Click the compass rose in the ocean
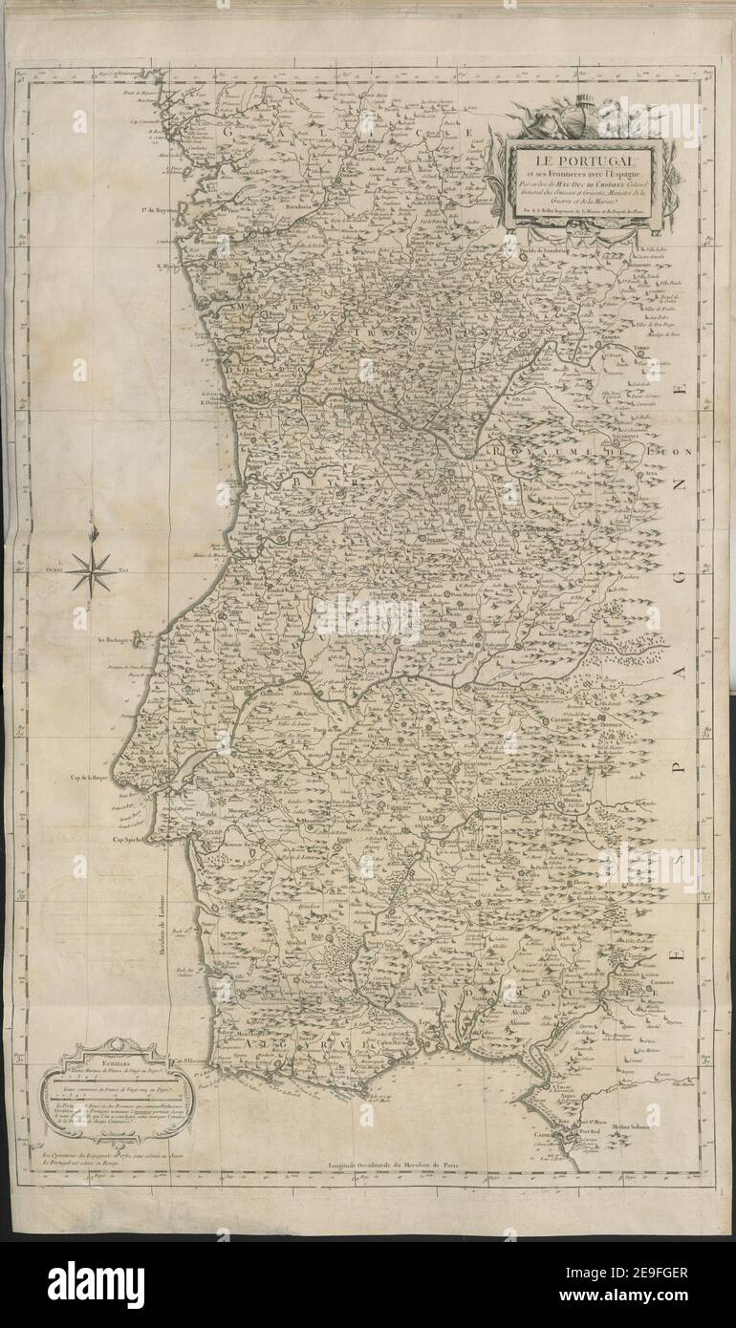(x=92, y=571)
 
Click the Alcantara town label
(x=481, y=687)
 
